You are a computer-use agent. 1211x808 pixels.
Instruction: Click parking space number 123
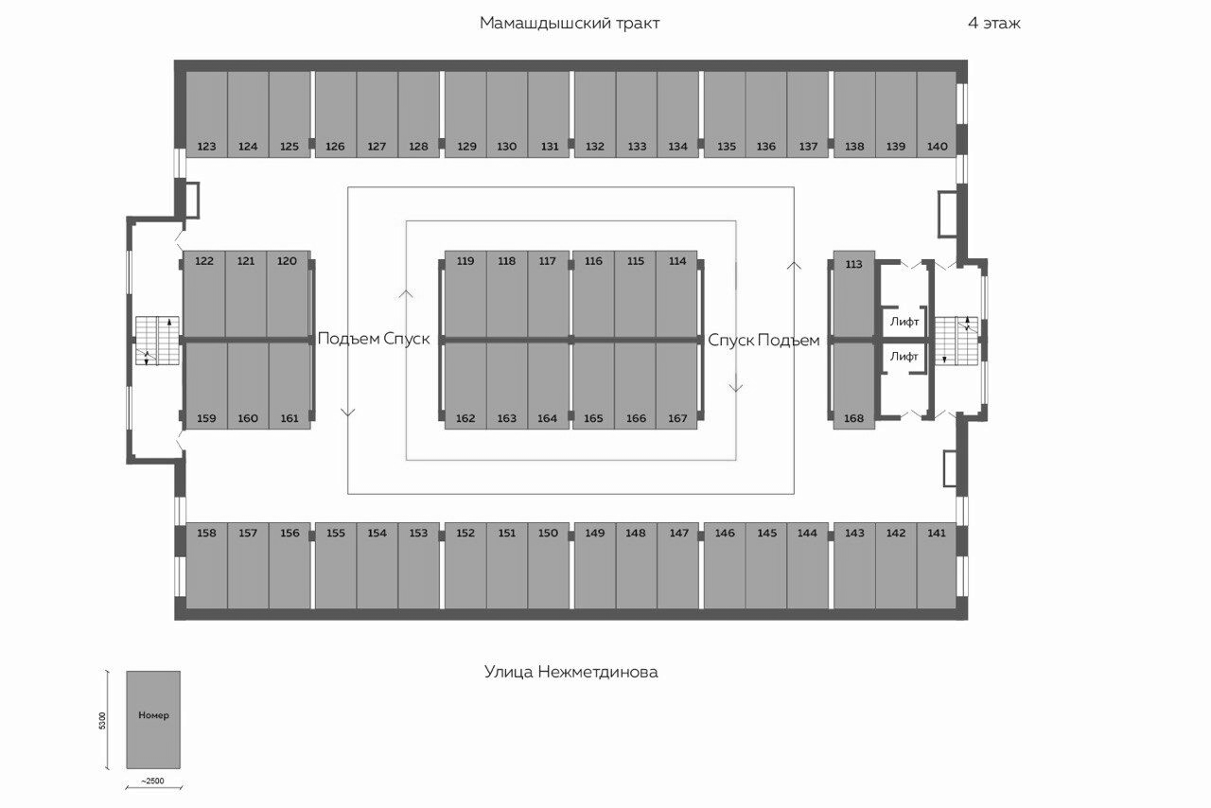[x=206, y=114]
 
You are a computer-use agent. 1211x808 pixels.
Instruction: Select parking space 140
[x=937, y=114]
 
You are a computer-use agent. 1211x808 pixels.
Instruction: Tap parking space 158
[x=206, y=566]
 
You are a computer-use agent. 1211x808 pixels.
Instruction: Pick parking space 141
[x=937, y=566]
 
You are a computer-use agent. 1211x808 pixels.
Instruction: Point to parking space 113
[x=853, y=293]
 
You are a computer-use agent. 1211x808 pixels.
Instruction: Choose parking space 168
[x=853, y=387]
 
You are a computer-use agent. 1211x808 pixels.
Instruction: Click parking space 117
[x=548, y=293]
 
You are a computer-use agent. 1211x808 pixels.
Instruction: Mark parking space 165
[x=593, y=387]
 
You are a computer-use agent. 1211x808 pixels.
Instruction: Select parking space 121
[x=246, y=293]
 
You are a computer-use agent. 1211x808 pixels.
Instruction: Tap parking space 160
[x=248, y=387]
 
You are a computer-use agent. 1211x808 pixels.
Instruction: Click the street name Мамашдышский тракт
[x=570, y=24]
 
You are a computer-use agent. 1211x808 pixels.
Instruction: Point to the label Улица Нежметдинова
[x=570, y=673]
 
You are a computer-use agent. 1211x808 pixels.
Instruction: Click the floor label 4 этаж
[x=994, y=24]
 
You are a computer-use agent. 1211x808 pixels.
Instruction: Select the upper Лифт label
[x=904, y=322]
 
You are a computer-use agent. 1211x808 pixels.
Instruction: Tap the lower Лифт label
[x=904, y=357]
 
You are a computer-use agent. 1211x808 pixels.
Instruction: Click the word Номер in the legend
[x=153, y=715]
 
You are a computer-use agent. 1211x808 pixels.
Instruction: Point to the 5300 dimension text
[x=103, y=720]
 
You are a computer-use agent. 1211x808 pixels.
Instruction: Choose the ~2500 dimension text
[x=152, y=781]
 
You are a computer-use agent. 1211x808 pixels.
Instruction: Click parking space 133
[x=637, y=114]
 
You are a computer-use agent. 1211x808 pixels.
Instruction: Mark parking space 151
[x=507, y=566]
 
